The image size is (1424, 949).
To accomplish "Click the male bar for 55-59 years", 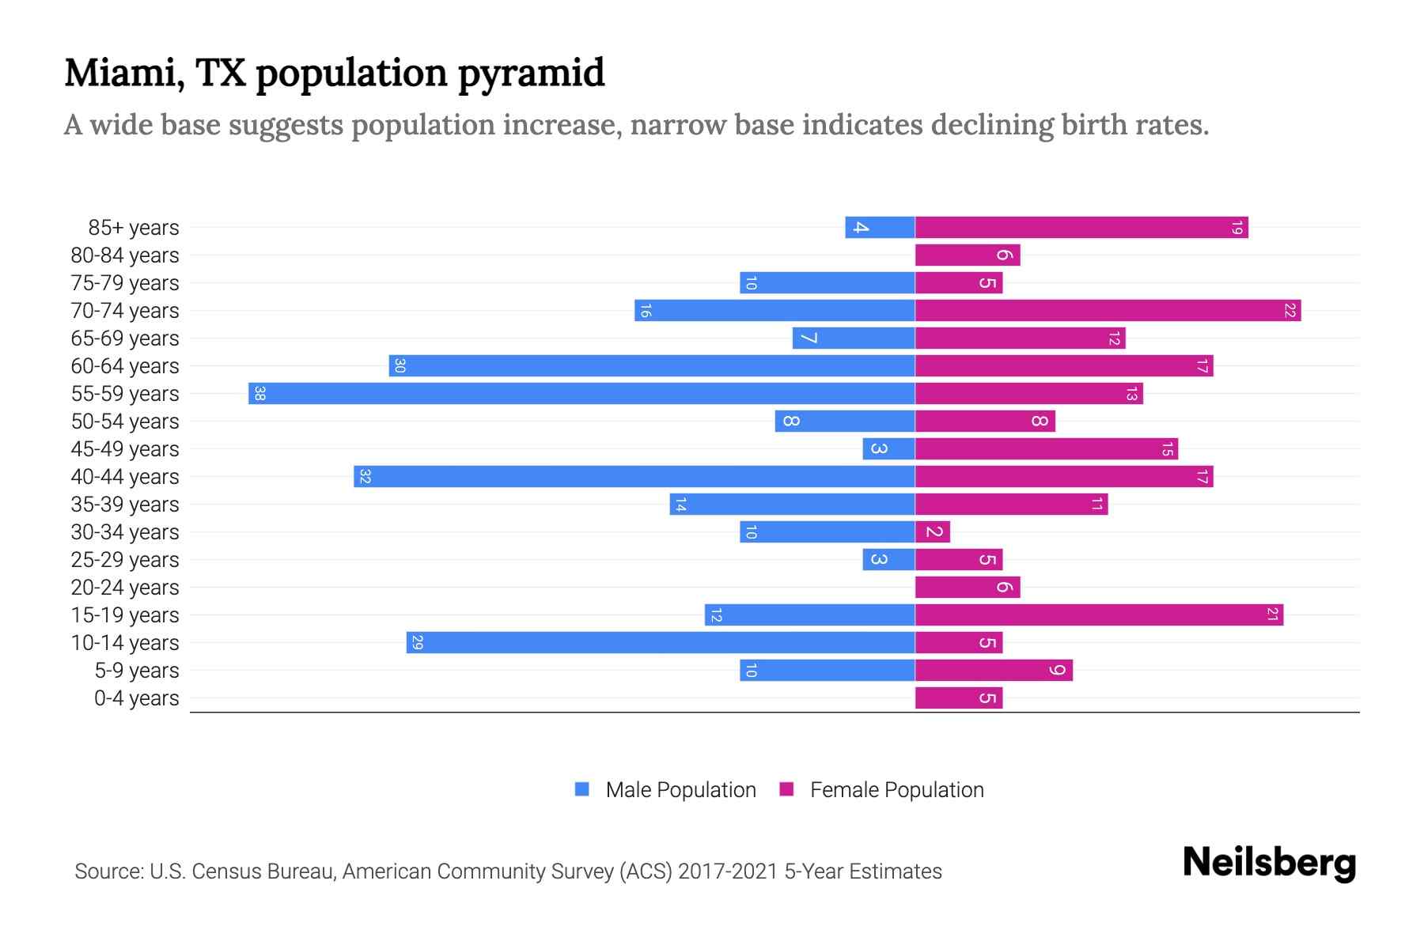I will (581, 393).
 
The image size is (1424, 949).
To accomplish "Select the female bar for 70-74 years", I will (1108, 310).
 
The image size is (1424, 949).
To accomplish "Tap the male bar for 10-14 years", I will (661, 642).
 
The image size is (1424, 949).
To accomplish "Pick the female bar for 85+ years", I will (1081, 227).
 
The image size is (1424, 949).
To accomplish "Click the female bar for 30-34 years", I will (932, 531).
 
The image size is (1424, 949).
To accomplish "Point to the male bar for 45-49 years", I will (888, 448).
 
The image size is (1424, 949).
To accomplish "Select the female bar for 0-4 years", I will (958, 698).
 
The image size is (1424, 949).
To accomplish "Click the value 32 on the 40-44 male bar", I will (365, 476).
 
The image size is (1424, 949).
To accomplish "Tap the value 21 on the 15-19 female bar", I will (1272, 614).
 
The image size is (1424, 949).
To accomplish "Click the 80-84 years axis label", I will (125, 255).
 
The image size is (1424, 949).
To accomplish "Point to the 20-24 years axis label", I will (125, 588).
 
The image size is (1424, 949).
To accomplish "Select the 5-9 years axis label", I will (137, 671).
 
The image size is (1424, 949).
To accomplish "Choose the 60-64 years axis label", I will (125, 366).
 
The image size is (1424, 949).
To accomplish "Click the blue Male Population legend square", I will (582, 789).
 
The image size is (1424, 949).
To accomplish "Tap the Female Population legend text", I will (896, 789).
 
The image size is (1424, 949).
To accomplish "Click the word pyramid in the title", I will (531, 73).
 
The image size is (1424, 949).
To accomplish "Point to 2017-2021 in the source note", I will (727, 871).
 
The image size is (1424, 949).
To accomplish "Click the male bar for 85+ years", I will (880, 227).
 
